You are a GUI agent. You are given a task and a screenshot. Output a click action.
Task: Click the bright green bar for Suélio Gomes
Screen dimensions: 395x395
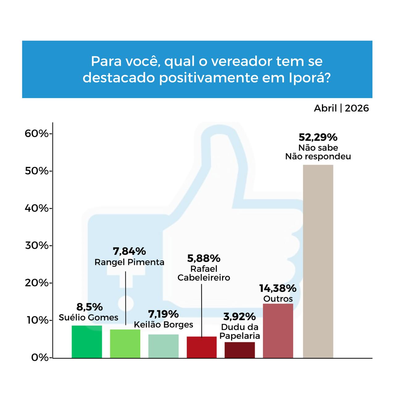[87, 342]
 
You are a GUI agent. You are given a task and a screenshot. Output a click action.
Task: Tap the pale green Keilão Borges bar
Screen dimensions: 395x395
[163, 346]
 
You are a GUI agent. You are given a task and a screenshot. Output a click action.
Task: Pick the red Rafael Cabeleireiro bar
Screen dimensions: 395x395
[202, 347]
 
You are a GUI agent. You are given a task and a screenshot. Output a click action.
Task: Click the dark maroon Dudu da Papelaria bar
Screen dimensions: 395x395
[240, 350]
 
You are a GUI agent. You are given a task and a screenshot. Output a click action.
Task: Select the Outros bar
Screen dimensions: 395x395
[278, 331]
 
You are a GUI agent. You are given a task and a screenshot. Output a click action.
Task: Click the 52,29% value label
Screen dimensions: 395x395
[318, 137]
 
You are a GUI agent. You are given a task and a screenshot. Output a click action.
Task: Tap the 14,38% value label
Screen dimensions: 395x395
[278, 289]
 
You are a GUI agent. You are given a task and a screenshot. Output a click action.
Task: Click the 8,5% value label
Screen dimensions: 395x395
[89, 307]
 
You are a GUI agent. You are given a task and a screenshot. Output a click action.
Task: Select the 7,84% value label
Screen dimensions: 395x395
[129, 252]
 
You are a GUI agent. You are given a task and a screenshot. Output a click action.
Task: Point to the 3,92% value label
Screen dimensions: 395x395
[239, 317]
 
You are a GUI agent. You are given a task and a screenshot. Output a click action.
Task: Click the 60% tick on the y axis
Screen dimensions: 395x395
[37, 134]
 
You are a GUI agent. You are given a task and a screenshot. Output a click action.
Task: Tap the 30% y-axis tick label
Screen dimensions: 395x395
[37, 246]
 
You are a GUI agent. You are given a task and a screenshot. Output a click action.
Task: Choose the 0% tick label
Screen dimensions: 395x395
[40, 358]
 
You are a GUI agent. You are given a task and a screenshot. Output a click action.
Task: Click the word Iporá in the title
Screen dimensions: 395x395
[310, 78]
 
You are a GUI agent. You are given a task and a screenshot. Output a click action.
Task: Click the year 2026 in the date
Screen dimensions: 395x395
[357, 108]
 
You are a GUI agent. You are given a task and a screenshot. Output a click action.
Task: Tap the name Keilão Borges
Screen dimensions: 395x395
[163, 325]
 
